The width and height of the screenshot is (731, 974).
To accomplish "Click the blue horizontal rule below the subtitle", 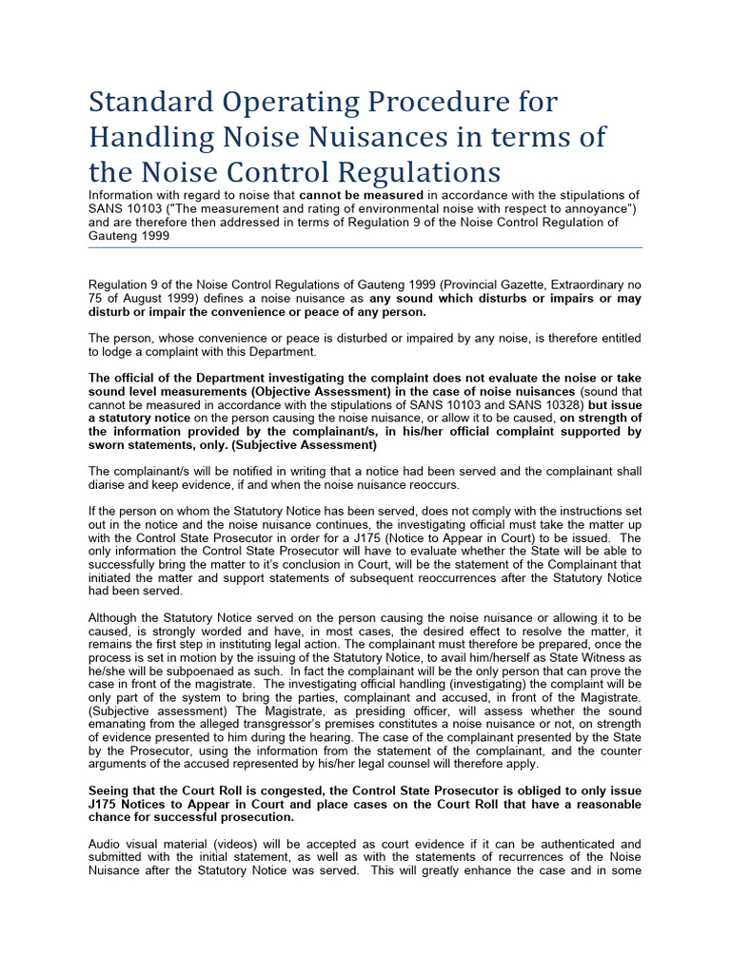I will [365, 247].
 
